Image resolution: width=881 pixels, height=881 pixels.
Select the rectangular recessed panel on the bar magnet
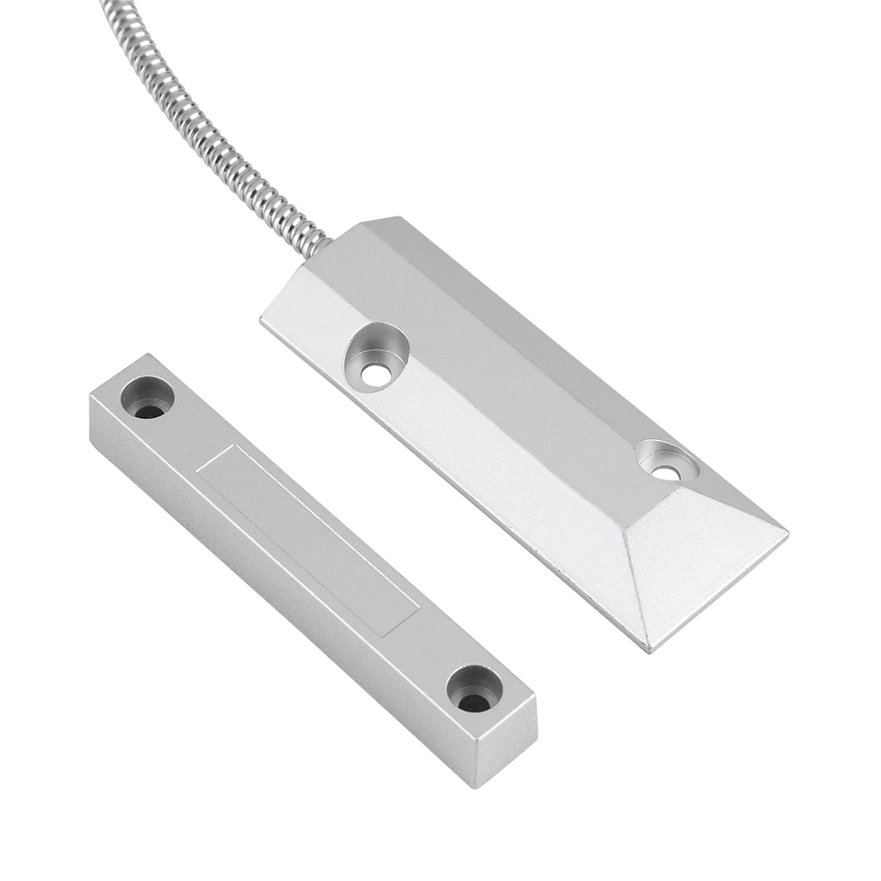[308, 542]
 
